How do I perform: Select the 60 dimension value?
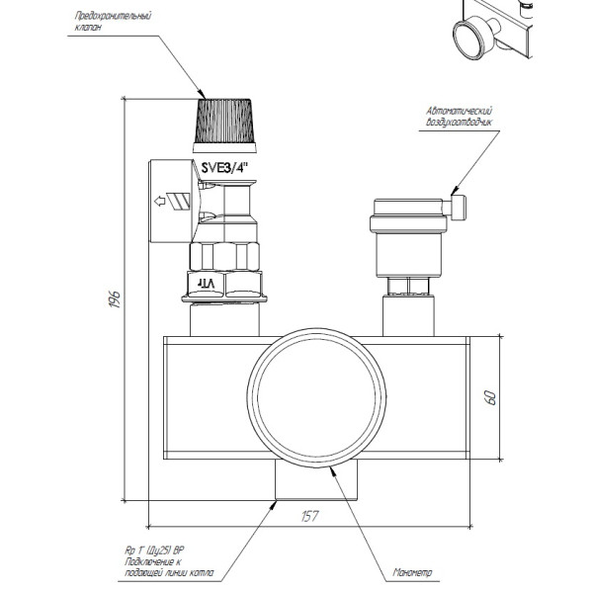coord(491,397)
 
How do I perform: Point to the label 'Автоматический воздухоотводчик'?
coord(458,117)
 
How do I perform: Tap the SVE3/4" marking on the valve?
coord(224,168)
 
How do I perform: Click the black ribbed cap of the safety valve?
coord(228,121)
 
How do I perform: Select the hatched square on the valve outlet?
coord(177,202)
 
